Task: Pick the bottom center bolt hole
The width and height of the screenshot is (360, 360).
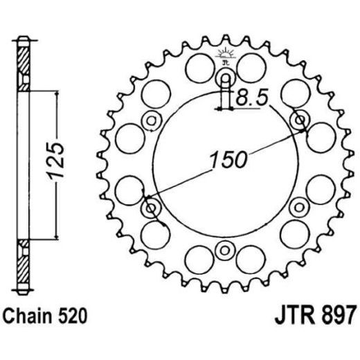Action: pyautogui.click(x=225, y=249)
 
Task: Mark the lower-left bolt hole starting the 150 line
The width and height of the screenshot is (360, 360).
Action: pyautogui.click(x=150, y=208)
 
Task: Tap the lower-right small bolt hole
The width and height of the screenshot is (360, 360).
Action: pyautogui.click(x=300, y=206)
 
